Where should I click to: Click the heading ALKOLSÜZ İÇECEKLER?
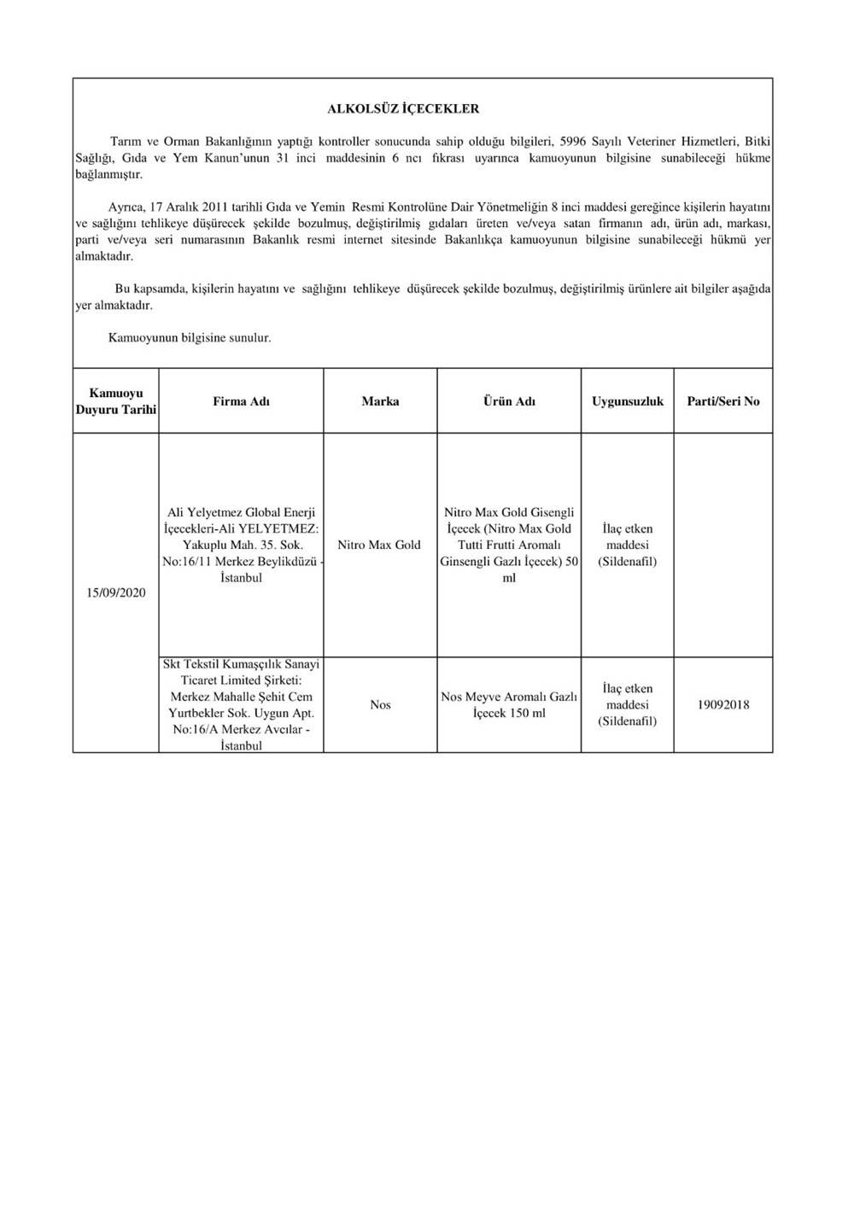click(x=403, y=109)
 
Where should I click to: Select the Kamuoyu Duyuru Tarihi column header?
click(x=116, y=401)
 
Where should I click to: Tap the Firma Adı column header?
click(x=242, y=401)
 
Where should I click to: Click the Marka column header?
click(x=380, y=401)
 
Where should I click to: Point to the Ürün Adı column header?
click(x=509, y=401)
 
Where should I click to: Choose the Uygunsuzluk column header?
click(x=628, y=401)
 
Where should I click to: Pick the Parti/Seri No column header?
click(x=723, y=401)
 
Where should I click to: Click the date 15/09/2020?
click(x=116, y=593)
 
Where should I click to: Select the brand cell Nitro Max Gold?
click(x=379, y=545)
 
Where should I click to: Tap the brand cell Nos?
click(x=380, y=705)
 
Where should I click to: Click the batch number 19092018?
click(x=723, y=705)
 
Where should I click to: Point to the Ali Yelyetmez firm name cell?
click(x=242, y=545)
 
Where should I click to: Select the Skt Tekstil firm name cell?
click(x=242, y=704)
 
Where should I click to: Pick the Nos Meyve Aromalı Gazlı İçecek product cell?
click(x=509, y=705)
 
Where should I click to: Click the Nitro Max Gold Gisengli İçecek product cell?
click(x=509, y=545)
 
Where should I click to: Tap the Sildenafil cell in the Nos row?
click(x=628, y=705)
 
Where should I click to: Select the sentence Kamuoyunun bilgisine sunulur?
click(x=190, y=338)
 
